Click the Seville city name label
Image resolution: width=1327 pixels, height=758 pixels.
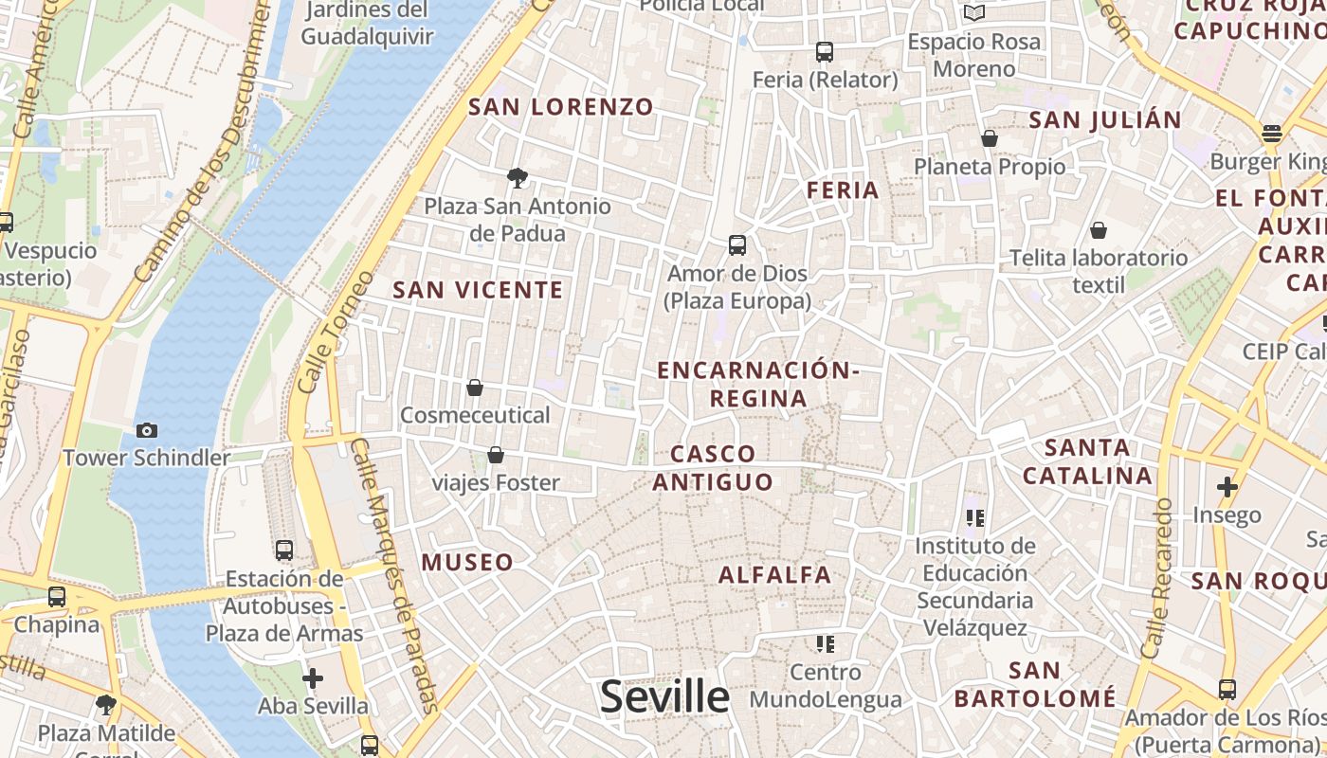(x=664, y=697)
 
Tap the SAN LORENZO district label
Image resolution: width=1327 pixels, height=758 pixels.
(x=561, y=107)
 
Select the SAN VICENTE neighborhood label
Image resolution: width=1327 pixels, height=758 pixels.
(x=478, y=291)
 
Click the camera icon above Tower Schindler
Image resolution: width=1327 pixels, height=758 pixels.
(x=147, y=430)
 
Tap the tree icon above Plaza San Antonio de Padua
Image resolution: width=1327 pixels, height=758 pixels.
(x=517, y=177)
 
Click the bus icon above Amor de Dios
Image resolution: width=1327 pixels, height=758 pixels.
(x=737, y=245)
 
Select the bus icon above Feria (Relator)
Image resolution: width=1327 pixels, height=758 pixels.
(x=825, y=51)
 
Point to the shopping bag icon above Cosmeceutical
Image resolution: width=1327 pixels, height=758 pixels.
(x=475, y=388)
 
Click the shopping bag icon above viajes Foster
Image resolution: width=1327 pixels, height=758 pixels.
(x=495, y=456)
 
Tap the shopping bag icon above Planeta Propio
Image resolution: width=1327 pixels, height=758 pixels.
(x=990, y=138)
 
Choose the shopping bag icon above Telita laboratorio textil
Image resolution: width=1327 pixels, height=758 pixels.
(x=1098, y=230)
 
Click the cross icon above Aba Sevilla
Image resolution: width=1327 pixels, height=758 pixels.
(x=313, y=678)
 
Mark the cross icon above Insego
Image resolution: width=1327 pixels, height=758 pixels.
(x=1227, y=487)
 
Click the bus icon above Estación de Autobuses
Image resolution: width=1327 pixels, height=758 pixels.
(x=283, y=550)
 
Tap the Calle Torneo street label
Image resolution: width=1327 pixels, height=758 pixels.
(x=323, y=332)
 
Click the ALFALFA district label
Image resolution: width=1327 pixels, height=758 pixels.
(x=774, y=575)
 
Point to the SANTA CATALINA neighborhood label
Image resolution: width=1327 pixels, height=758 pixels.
(x=1087, y=461)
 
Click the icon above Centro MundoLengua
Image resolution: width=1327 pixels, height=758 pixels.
(x=826, y=644)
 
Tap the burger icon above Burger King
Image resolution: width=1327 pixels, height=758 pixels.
(x=1271, y=133)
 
